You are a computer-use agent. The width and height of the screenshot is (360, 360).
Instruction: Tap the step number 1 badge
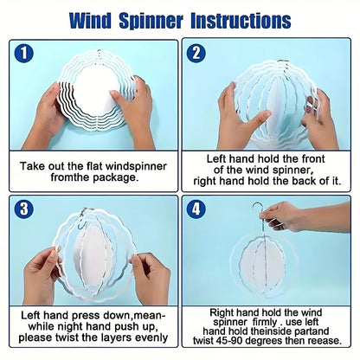pyautogui.click(x=23, y=54)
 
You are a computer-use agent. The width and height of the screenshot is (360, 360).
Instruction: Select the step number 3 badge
pyautogui.click(x=23, y=209)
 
